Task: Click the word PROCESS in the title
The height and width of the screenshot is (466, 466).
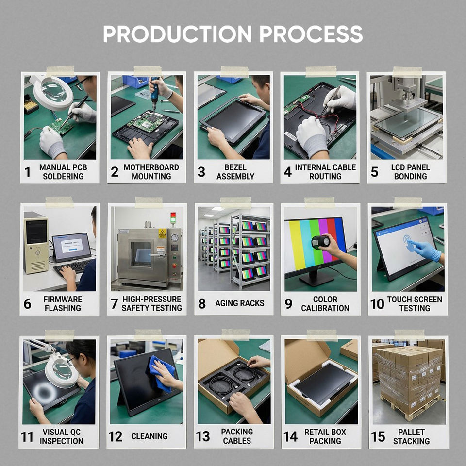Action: coord(311,34)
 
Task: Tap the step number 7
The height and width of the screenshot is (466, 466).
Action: coord(114,303)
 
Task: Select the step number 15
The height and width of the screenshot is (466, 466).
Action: coord(378,436)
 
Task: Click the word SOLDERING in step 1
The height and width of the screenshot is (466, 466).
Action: coord(63,176)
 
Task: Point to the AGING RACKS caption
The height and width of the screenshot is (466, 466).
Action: coord(239,303)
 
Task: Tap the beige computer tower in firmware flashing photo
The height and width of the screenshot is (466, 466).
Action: coord(36,243)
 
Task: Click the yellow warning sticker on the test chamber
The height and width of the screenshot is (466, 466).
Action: coord(162,233)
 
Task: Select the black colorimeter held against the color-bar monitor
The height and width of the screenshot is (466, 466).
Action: coord(320,242)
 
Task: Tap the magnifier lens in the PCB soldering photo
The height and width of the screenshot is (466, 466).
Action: coord(53,90)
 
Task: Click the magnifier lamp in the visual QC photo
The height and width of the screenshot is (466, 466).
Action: coord(62,371)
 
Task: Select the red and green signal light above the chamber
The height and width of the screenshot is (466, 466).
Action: coord(173,217)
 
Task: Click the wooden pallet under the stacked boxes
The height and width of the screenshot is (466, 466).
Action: coord(411,407)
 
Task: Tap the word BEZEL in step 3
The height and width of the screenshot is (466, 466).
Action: coord(235,167)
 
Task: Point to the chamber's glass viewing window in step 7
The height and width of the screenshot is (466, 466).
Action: coord(142,254)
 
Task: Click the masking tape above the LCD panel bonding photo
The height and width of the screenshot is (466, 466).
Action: coord(407,72)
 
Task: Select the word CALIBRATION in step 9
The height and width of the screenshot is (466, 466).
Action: coord(325,308)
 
